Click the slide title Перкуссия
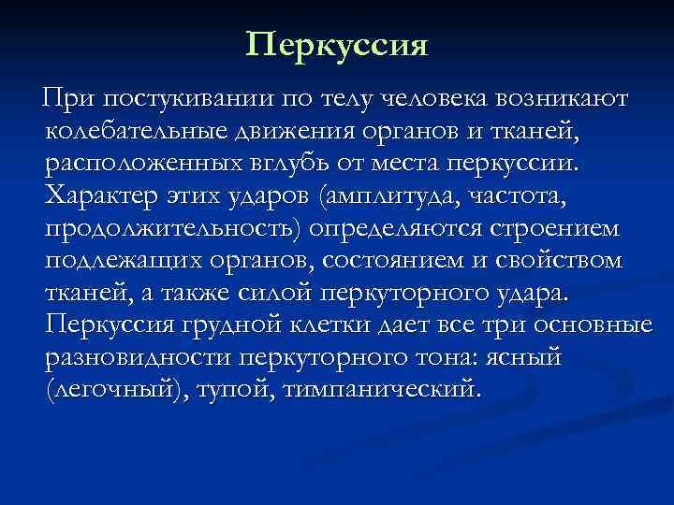pyautogui.click(x=337, y=44)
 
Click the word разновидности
pyautogui.click(x=138, y=356)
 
